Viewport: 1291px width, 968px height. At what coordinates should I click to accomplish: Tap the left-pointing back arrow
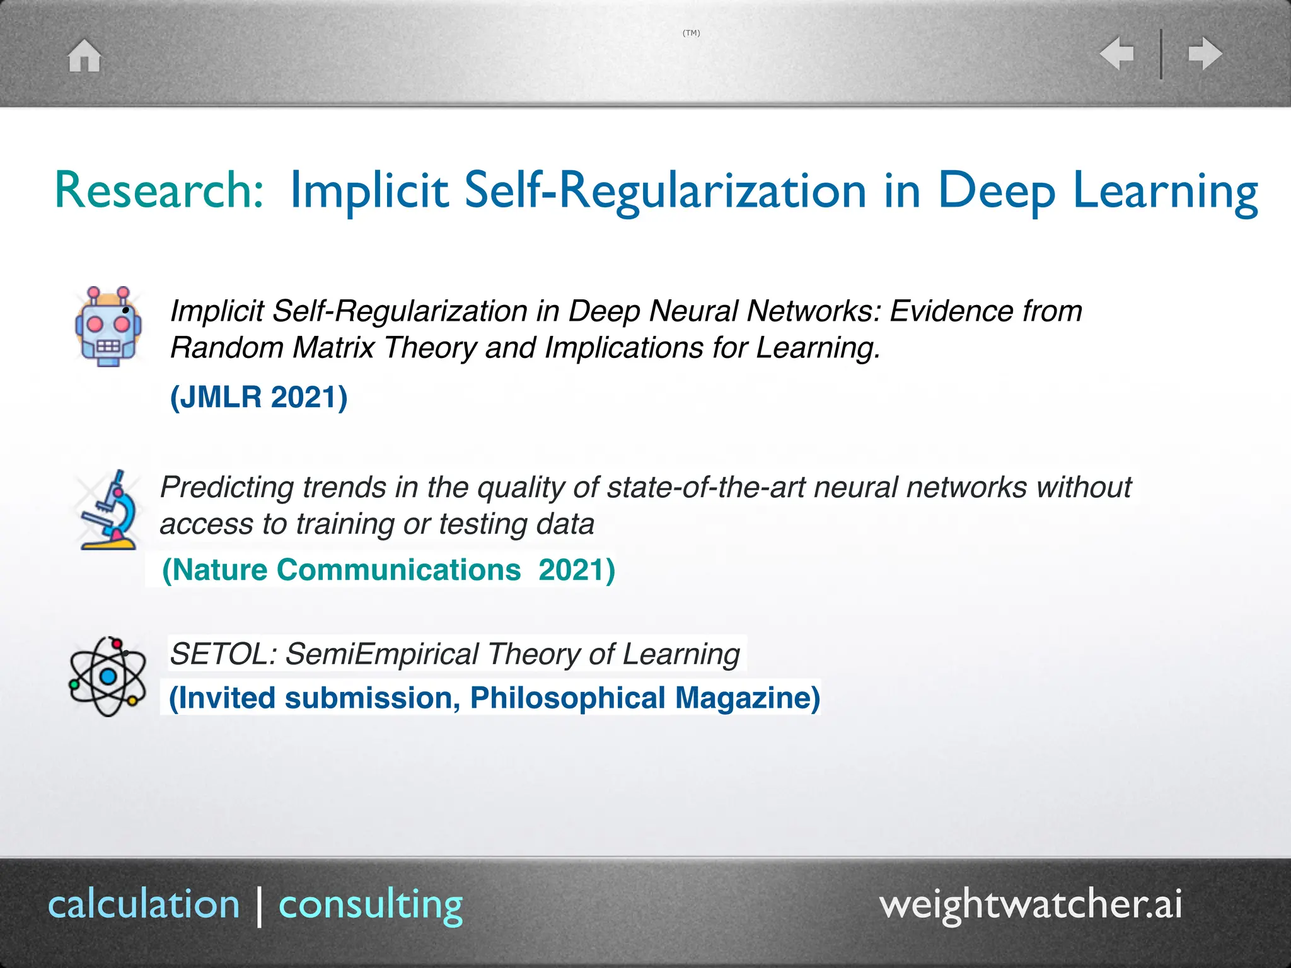point(1116,54)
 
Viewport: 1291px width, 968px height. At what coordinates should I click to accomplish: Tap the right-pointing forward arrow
point(1205,54)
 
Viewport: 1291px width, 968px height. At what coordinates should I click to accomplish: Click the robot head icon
point(108,326)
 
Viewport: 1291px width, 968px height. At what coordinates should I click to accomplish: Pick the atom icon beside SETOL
point(107,676)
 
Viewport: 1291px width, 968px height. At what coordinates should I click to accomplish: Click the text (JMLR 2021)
point(259,397)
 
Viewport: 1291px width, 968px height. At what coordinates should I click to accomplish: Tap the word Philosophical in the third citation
point(568,698)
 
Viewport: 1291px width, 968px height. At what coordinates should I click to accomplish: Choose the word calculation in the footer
point(144,904)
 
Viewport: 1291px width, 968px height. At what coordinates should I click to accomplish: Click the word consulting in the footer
point(371,906)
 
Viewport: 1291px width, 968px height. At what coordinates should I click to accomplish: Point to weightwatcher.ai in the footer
point(1031,904)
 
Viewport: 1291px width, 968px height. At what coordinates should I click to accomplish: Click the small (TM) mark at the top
point(692,33)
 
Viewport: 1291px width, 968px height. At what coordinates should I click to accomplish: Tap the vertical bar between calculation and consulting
point(260,906)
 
